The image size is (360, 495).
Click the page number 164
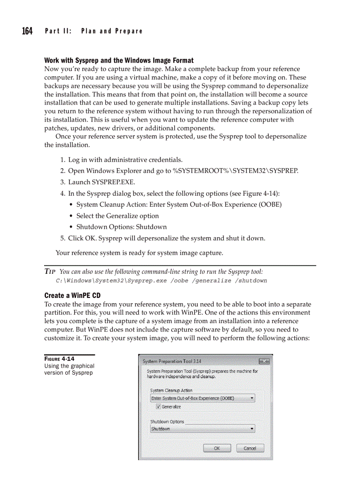(x=27, y=31)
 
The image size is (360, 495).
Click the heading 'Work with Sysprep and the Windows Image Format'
(x=119, y=60)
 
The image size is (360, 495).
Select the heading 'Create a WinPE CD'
(x=72, y=295)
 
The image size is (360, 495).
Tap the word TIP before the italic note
(x=49, y=272)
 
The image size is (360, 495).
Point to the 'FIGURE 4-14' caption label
(x=59, y=359)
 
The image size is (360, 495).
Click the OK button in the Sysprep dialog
(x=217, y=448)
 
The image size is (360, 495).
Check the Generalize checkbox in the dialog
(x=158, y=407)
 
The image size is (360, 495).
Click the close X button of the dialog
(x=264, y=361)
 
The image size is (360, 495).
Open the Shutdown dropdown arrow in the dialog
(x=252, y=428)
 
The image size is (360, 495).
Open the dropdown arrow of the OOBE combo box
(x=252, y=398)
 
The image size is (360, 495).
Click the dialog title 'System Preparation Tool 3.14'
(x=172, y=361)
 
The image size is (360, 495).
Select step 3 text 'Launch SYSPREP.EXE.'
(x=101, y=182)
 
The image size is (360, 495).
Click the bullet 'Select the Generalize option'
(x=117, y=216)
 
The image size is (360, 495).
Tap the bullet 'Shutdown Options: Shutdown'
(x=121, y=227)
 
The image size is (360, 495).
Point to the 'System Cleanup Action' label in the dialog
(x=171, y=391)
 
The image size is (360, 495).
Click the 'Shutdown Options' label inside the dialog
(x=167, y=421)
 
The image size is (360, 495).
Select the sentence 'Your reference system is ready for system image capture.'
(x=139, y=253)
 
